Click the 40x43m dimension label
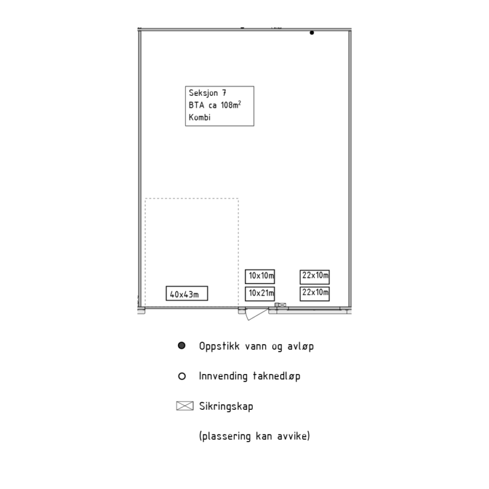[x=187, y=294]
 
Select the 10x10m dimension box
[x=260, y=276]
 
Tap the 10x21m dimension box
[x=260, y=294]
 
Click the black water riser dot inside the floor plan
[x=312, y=33]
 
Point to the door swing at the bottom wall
[x=256, y=315]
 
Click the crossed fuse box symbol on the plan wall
[x=282, y=304]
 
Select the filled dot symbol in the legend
[x=182, y=346]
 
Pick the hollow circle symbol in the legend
[x=182, y=376]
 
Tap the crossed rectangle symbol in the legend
[x=185, y=406]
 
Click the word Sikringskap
[x=226, y=406]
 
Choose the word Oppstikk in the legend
[x=219, y=346]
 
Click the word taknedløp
[x=276, y=376]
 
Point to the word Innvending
[x=224, y=376]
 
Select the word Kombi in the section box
[x=200, y=117]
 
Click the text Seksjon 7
[x=207, y=93]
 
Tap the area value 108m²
[x=231, y=104]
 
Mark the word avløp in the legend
[x=300, y=346]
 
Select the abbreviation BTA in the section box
[x=197, y=105]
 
